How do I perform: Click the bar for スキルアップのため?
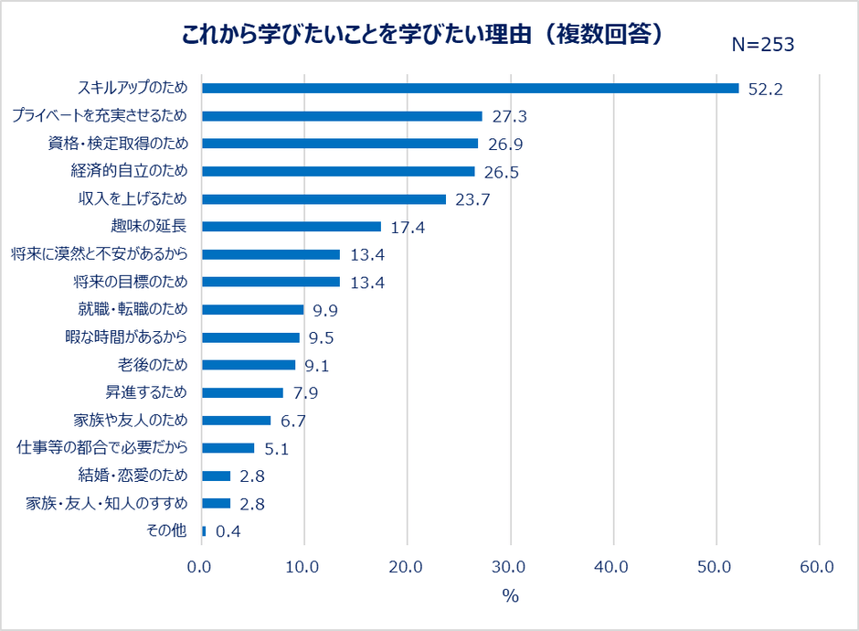pyautogui.click(x=470, y=89)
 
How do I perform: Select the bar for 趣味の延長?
pyautogui.click(x=291, y=227)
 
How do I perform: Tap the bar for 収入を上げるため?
pyautogui.click(x=323, y=199)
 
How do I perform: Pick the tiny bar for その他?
pyautogui.click(x=204, y=530)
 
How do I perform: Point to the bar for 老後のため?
pyautogui.click(x=249, y=365)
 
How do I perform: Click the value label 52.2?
pyautogui.click(x=766, y=89)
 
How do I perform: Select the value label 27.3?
pyautogui.click(x=509, y=117)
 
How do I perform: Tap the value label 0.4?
pyautogui.click(x=228, y=531)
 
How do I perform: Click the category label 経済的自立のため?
pyautogui.click(x=129, y=171)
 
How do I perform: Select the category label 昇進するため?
pyautogui.click(x=146, y=392)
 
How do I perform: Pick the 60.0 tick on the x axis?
pyautogui.click(x=816, y=567)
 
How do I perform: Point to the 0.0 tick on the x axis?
pyautogui.click(x=200, y=567)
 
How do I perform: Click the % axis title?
pyautogui.click(x=510, y=596)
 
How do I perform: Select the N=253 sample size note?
pyautogui.click(x=763, y=45)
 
